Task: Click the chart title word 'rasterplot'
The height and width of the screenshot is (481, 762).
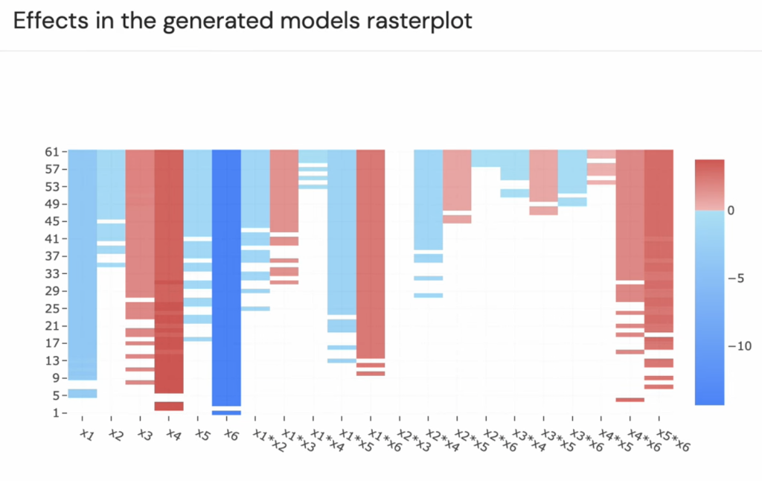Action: (x=419, y=21)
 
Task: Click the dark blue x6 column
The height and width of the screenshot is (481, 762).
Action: (x=226, y=275)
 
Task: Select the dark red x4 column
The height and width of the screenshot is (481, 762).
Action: (x=169, y=268)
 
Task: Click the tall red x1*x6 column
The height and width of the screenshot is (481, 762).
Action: (x=371, y=253)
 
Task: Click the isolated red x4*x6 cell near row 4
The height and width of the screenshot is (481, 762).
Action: (x=630, y=400)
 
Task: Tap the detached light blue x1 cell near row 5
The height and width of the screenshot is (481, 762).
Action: (x=83, y=393)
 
